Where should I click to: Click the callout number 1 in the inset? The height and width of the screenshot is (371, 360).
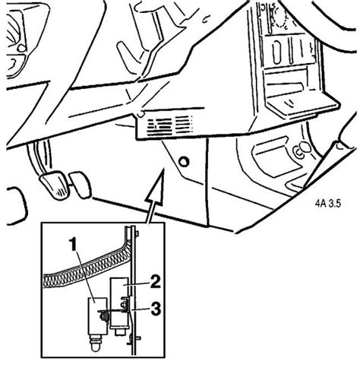74,244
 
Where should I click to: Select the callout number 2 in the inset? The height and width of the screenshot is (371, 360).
155,282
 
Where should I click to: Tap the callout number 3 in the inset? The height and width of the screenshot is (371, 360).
156,309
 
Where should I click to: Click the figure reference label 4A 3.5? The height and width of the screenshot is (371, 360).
328,203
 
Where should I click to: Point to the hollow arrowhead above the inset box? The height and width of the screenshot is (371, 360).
155,187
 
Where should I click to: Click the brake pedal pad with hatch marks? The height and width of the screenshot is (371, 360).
55,185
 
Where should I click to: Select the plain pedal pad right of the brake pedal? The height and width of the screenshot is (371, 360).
80,185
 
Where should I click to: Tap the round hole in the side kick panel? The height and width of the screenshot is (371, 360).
184,161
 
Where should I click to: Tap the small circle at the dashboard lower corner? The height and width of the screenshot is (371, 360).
141,113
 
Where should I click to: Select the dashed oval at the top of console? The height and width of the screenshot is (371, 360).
279,16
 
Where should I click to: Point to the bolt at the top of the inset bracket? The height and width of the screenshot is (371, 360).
137,233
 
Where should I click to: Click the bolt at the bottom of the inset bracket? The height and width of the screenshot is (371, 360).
134,338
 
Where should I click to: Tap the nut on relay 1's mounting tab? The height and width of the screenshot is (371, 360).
103,316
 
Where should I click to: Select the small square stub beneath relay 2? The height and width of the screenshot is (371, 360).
119,332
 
